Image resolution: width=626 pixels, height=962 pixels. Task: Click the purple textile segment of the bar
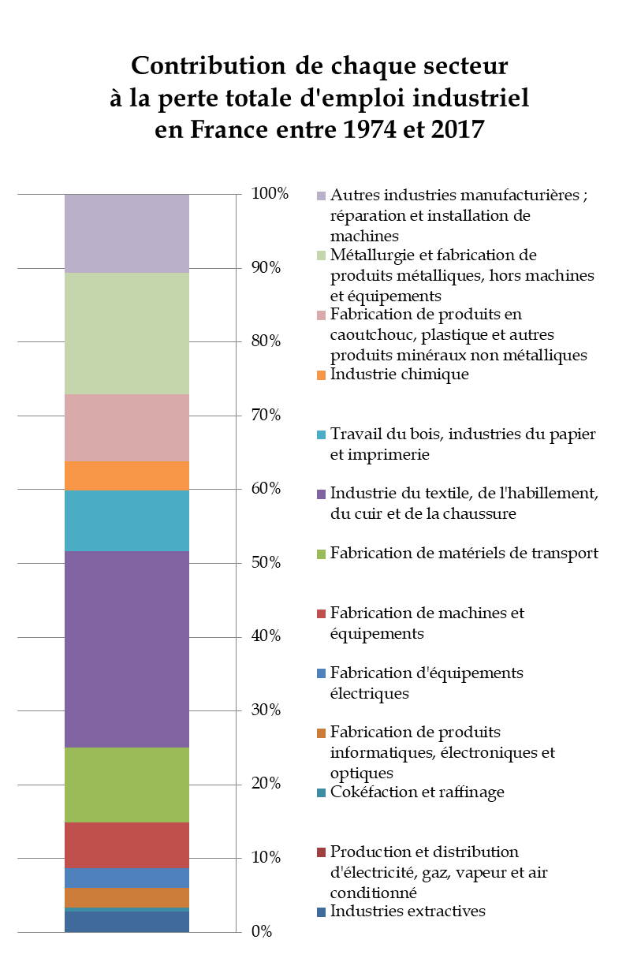(x=126, y=649)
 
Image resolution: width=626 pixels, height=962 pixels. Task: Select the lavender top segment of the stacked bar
(x=126, y=233)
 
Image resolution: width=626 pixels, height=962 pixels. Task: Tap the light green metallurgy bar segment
(x=126, y=333)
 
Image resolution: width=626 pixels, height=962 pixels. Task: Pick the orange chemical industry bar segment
(x=126, y=475)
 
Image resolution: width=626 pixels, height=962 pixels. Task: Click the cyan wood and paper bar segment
(x=126, y=520)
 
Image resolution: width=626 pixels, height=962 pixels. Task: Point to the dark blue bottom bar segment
(x=126, y=922)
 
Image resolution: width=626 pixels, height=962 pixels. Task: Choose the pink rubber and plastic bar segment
(x=126, y=427)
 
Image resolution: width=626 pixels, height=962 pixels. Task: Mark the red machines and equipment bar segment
(x=126, y=845)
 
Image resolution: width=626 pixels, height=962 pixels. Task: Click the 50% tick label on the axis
(x=266, y=563)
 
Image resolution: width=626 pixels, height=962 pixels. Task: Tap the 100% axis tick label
(x=270, y=194)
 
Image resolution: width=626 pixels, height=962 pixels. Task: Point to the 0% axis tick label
(x=262, y=932)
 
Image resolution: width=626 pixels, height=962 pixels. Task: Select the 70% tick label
(x=266, y=416)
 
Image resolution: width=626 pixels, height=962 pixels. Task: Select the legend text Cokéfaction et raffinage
(x=417, y=792)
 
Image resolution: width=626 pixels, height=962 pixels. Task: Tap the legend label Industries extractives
(x=408, y=912)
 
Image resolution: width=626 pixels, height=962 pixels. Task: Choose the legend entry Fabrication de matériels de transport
(x=464, y=554)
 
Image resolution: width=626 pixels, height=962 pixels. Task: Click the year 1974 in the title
(x=348, y=129)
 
